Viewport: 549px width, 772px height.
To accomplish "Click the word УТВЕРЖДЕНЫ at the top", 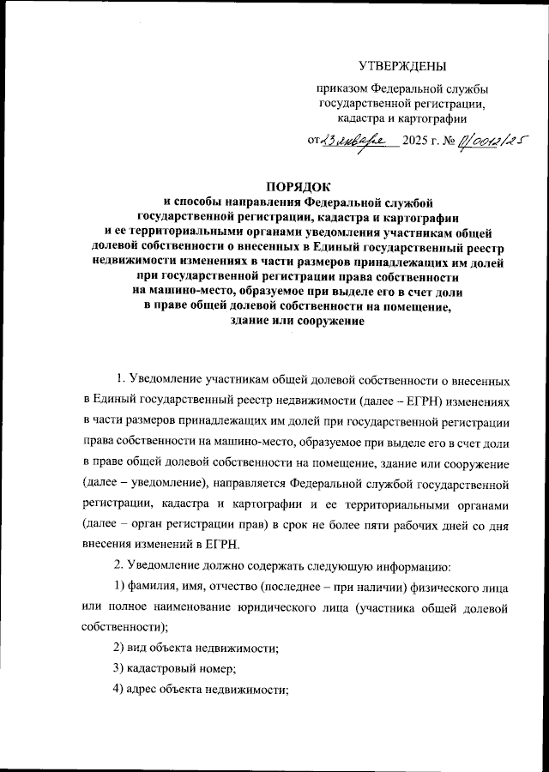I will (x=401, y=66).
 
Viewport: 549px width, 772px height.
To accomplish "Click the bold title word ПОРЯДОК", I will (x=299, y=185).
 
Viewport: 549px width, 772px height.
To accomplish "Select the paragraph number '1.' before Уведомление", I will (x=121, y=378).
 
